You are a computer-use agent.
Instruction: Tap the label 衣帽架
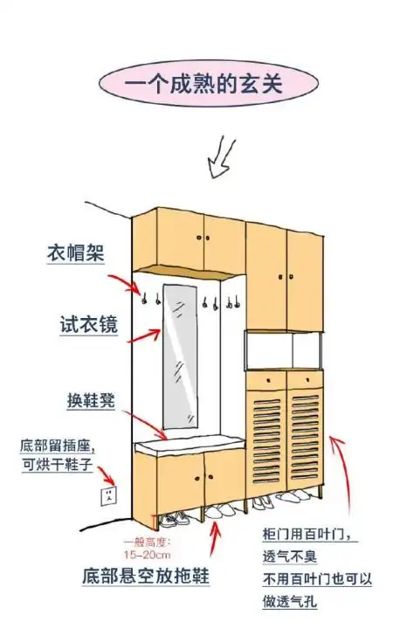click(x=75, y=253)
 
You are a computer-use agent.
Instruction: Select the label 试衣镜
click(x=75, y=327)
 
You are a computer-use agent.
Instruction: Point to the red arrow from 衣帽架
click(x=121, y=282)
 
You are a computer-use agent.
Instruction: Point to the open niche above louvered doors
click(x=285, y=352)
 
